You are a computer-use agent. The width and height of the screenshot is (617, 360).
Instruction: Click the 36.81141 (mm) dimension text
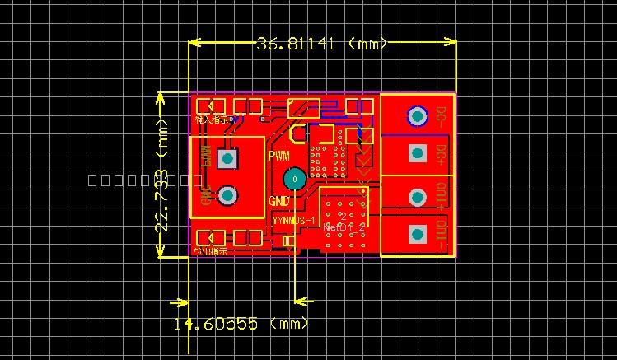coord(321,44)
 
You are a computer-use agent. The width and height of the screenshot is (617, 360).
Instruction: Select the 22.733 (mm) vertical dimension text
coord(162,174)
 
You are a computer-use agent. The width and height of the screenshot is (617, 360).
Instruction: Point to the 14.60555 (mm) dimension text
coord(241,324)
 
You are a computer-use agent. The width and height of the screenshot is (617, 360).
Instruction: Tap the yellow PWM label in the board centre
coord(279,156)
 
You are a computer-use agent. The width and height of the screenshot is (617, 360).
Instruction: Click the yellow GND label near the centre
coord(279,200)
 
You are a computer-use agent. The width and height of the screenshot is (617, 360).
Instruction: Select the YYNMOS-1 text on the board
coord(294,221)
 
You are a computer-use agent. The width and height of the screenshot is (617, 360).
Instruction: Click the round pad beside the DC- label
coord(418,115)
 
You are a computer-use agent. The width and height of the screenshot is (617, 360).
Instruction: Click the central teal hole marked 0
coord(294,179)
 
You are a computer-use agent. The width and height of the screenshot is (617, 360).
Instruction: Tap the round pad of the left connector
coord(227,195)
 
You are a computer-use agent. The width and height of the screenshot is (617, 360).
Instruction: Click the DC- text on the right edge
coord(442,115)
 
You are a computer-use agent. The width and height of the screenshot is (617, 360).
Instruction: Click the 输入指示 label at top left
coord(212,119)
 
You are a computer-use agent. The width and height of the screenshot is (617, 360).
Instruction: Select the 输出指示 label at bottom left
coord(211,251)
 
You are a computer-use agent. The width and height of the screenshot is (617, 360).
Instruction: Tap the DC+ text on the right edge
coord(442,154)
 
